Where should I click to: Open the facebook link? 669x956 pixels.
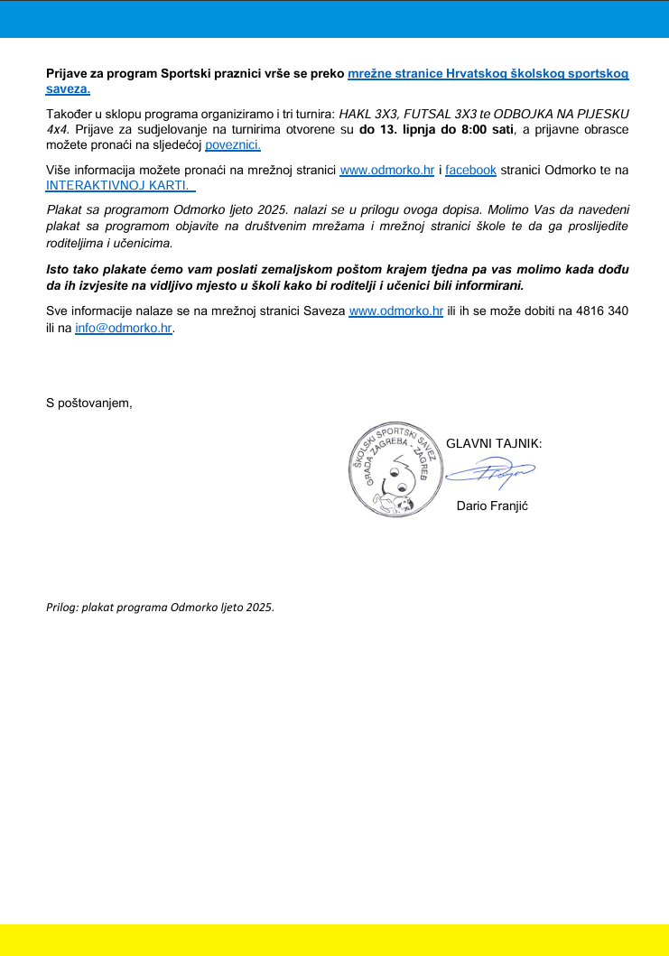click(470, 170)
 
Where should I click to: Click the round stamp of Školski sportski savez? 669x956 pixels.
click(394, 473)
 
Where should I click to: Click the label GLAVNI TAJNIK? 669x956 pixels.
click(494, 443)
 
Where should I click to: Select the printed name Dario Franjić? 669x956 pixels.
click(492, 506)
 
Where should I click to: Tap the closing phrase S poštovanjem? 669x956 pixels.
click(89, 403)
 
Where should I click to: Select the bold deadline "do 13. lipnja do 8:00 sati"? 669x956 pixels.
click(436, 129)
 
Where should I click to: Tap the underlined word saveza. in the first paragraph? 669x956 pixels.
click(68, 89)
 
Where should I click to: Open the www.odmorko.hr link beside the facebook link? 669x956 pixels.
click(386, 170)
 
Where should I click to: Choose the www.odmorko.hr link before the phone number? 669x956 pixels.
click(395, 311)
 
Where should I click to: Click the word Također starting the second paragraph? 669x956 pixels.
click(71, 114)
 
